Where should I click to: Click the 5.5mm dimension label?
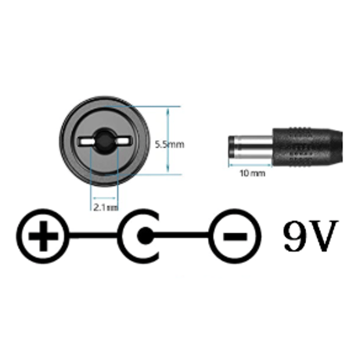click(170, 144)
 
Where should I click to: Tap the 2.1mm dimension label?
click(106, 207)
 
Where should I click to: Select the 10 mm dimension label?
click(252, 173)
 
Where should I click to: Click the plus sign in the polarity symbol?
click(43, 236)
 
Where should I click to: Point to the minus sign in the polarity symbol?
click(235, 236)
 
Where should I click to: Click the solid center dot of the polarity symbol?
click(145, 236)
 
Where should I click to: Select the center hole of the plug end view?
click(105, 141)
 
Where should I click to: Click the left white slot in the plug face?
click(87, 142)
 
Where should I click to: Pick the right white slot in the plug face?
click(123, 141)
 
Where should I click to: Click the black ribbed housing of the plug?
click(308, 147)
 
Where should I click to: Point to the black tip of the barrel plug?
click(232, 147)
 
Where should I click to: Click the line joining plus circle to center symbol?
click(93, 236)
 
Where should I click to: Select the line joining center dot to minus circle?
click(182, 236)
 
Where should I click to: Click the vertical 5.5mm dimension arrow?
click(167, 140)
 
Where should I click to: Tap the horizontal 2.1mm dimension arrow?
click(104, 199)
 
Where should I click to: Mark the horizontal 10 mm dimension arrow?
click(250, 164)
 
